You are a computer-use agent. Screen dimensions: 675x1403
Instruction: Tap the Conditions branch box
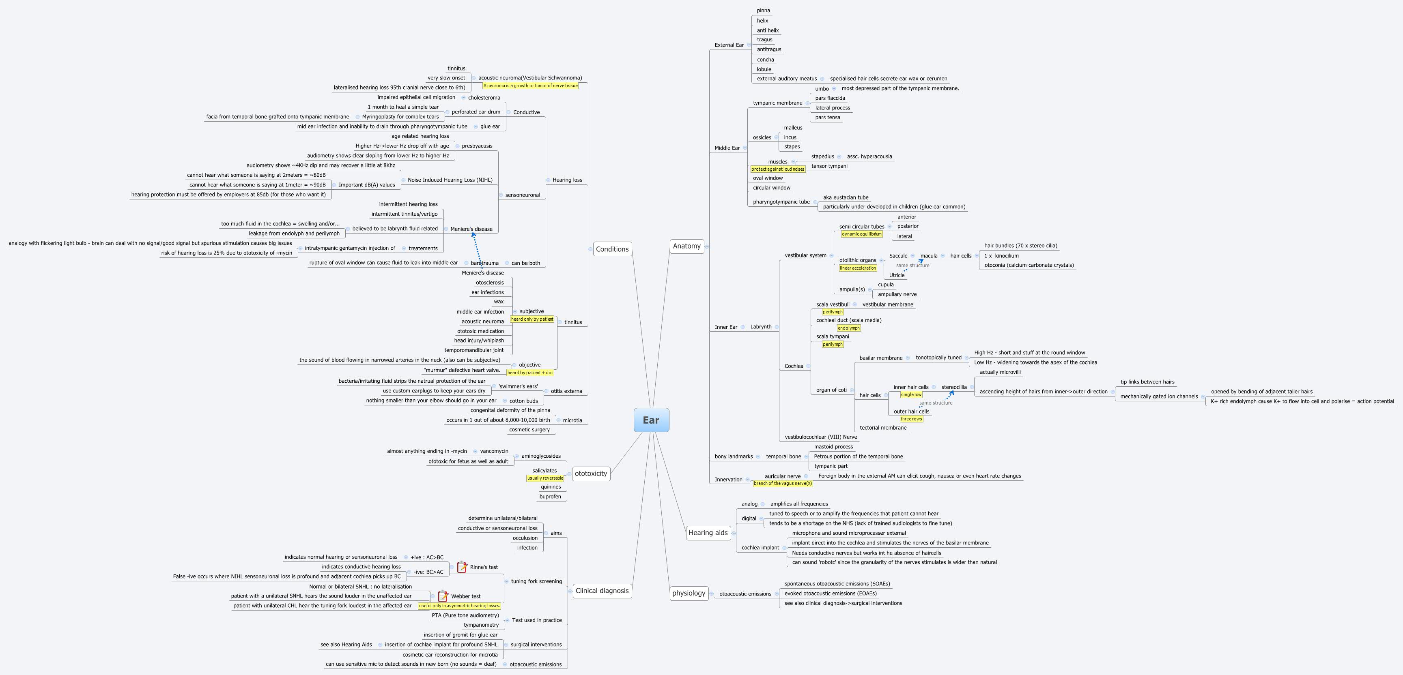(x=612, y=249)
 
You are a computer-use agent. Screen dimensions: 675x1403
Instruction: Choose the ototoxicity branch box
(x=590, y=474)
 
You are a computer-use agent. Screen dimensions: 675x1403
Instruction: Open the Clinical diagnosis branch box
(x=601, y=591)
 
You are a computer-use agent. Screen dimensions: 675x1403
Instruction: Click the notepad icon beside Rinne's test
(x=462, y=567)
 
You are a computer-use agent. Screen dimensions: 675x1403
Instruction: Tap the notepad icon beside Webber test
(x=443, y=596)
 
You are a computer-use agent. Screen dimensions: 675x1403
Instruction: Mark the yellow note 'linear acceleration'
(x=858, y=268)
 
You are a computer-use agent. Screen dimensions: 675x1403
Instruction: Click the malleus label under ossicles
(x=793, y=128)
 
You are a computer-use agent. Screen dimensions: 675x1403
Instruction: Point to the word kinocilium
(x=1007, y=256)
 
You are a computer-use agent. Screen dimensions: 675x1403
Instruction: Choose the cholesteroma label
(x=484, y=98)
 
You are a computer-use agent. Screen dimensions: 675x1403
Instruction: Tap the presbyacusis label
(x=477, y=146)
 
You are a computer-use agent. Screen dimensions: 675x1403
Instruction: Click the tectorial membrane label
(x=883, y=428)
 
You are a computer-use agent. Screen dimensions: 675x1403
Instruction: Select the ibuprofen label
(x=549, y=497)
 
